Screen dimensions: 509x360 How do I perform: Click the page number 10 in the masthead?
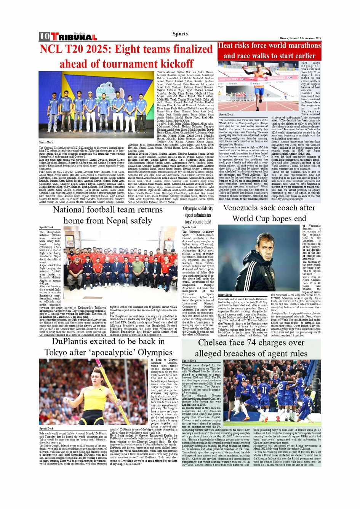point(44,37)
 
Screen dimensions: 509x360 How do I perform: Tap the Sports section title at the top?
point(180,34)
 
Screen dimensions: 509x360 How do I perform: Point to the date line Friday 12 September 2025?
point(300,38)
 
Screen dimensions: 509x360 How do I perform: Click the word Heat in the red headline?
point(227,45)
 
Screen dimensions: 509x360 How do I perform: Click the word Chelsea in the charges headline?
point(215,343)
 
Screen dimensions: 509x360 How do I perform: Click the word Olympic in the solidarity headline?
point(190,208)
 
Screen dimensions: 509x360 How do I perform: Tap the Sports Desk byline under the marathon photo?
point(226,114)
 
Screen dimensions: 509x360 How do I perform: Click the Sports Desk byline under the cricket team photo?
point(46,142)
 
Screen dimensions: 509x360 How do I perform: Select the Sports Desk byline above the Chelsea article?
point(189,360)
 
